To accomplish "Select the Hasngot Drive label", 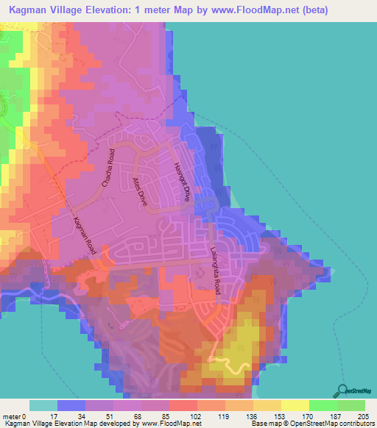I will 181,182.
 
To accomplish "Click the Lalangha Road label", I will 214,272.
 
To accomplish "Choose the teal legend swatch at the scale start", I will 43,405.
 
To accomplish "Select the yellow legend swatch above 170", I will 295,405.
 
